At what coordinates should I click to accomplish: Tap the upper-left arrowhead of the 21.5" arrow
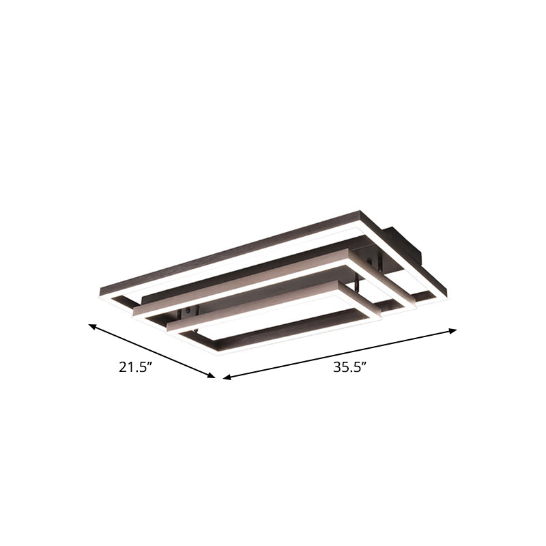point(92,326)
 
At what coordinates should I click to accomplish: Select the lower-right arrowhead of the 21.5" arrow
point(212,375)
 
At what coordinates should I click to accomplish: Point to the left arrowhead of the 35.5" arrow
point(227,377)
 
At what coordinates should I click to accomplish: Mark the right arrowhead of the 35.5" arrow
point(454,330)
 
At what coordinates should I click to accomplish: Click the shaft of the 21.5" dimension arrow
point(152,351)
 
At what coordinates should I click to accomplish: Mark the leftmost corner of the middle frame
point(136,309)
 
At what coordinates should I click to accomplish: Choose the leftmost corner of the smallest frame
point(169,326)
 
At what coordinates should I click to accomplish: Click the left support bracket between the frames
point(185,314)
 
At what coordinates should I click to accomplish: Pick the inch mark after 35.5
point(364,364)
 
